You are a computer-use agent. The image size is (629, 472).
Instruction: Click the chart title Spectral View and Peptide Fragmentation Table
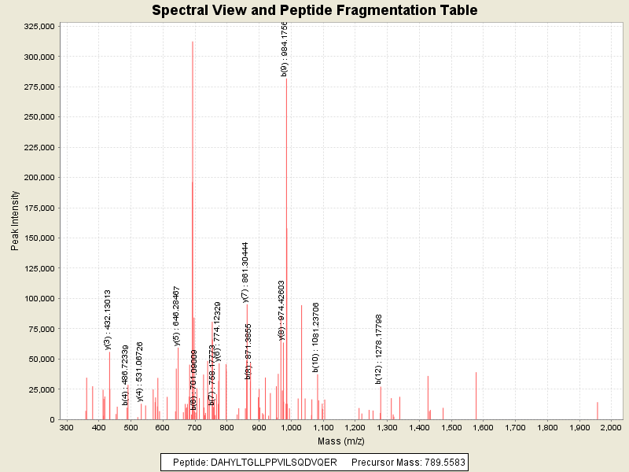click(314, 10)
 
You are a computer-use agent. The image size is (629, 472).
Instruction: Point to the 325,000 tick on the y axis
click(39, 26)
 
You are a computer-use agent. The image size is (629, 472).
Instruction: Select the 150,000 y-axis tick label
click(39, 238)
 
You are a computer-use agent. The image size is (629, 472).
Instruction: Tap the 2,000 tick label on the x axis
click(610, 426)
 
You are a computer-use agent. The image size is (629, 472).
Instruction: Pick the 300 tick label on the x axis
click(67, 426)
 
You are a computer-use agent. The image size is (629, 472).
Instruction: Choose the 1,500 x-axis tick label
click(451, 426)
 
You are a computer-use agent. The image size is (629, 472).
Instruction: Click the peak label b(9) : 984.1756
click(285, 49)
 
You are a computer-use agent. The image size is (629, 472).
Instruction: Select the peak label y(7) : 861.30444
click(245, 272)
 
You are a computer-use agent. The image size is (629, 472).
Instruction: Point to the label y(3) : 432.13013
click(108, 319)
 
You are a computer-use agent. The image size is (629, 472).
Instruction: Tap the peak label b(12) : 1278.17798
click(379, 349)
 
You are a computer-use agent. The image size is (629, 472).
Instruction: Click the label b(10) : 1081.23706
click(315, 337)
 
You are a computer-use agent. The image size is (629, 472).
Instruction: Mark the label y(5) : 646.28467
click(176, 316)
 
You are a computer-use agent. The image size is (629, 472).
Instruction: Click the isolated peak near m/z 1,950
click(597, 410)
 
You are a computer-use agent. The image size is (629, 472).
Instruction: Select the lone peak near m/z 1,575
click(476, 395)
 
